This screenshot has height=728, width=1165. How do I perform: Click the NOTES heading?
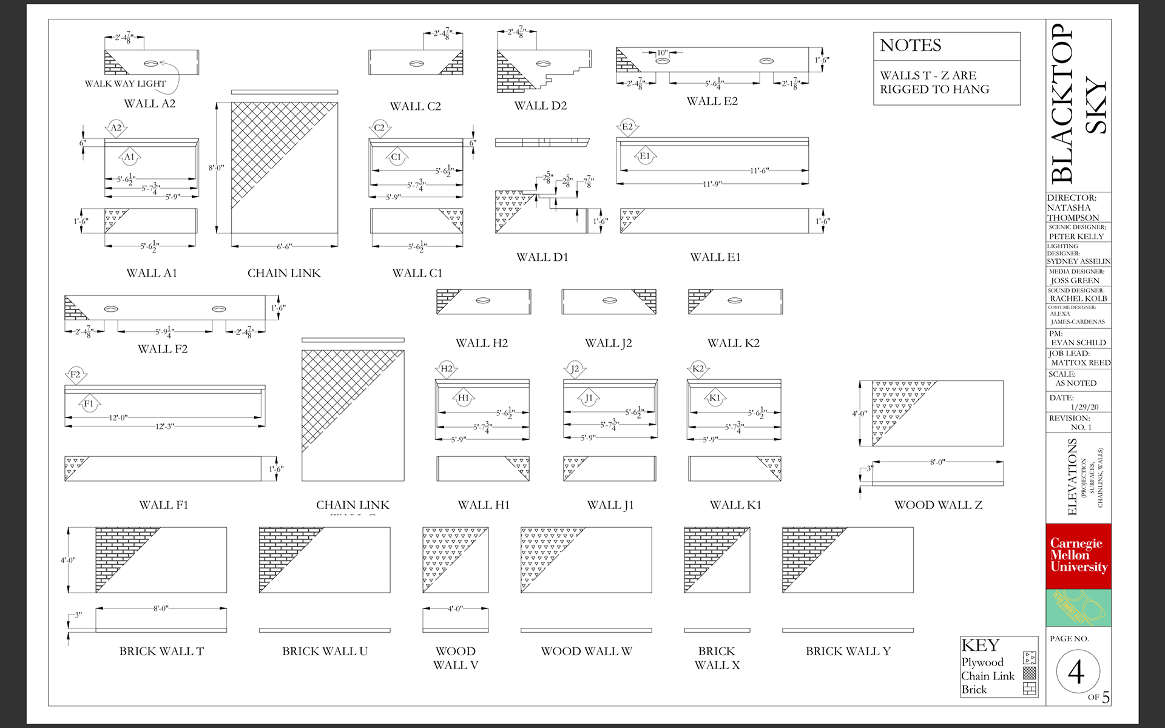pos(910,45)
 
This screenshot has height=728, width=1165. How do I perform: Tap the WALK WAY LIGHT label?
pos(125,84)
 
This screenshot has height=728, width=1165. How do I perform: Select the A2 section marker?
pos(116,127)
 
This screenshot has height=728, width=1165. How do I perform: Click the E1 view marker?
pos(644,157)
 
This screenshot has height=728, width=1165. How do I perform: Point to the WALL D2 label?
pos(540,106)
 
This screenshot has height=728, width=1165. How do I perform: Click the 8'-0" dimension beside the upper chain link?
pos(216,167)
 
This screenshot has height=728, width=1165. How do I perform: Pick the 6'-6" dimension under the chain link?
pos(284,246)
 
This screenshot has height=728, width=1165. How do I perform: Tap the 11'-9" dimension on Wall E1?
pos(712,184)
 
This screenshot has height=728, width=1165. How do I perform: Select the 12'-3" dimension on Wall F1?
pos(164,426)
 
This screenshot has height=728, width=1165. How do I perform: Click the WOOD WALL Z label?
pos(938,505)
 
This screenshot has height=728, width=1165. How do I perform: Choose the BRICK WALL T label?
pos(161,651)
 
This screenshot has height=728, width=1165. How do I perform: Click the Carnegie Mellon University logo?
pos(1078,555)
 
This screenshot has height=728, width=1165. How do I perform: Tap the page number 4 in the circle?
pos(1076,672)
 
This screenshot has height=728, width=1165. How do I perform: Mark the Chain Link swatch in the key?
pos(1029,673)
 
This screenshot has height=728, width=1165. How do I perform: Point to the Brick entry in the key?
pos(974,689)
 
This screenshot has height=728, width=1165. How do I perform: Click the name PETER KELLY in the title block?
pos(1076,237)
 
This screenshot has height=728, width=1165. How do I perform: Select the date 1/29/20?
pos(1084,407)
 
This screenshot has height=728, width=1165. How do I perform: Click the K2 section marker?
pos(698,369)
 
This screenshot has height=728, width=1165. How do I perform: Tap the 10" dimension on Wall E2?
pos(662,53)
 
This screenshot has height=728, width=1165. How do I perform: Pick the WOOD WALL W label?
pos(586,651)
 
